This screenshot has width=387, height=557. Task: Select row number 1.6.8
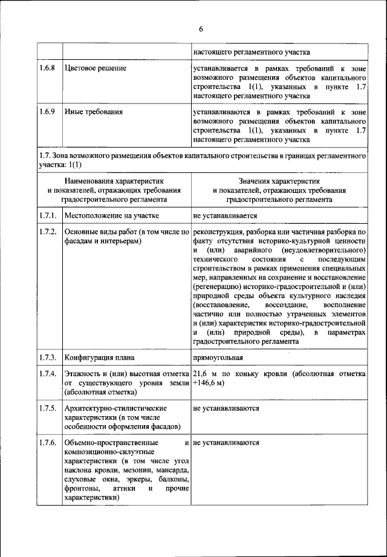(x=48, y=68)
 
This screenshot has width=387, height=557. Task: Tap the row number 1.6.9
(x=48, y=112)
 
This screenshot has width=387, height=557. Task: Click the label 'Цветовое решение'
(x=95, y=68)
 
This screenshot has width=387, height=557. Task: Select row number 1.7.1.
(x=48, y=215)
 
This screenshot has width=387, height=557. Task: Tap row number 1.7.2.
(x=48, y=232)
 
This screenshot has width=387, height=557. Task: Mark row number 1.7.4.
(x=48, y=374)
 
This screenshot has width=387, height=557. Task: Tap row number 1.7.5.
(x=48, y=408)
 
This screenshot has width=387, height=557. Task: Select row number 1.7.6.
(x=48, y=443)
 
